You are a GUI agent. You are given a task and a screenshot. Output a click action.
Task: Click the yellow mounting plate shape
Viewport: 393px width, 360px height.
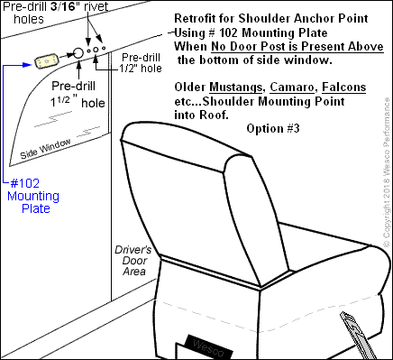point(46,61)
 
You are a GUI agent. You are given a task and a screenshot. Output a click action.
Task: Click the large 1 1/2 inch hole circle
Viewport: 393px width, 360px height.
point(78,53)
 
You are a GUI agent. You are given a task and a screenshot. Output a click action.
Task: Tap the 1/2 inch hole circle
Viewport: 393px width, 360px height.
point(96,50)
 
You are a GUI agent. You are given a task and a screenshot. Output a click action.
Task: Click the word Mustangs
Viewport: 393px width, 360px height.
point(235,88)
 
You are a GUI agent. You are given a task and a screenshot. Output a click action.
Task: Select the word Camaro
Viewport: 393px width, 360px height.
point(292,88)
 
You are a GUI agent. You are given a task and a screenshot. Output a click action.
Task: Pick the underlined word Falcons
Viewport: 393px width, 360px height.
point(343,88)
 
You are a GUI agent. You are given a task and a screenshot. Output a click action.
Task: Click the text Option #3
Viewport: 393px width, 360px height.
point(273,129)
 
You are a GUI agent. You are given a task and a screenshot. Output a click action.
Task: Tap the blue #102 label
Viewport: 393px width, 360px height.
point(25,183)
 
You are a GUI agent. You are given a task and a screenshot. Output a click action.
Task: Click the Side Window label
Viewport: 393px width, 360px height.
point(45,149)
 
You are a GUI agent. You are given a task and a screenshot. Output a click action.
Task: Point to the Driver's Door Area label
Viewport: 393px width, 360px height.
point(133,261)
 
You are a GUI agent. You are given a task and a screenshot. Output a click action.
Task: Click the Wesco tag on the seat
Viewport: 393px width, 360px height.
point(209,346)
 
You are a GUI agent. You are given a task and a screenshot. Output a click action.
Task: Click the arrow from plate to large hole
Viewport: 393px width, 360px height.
point(67,55)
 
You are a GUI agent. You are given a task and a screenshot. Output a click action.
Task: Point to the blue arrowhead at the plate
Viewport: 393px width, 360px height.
point(28,64)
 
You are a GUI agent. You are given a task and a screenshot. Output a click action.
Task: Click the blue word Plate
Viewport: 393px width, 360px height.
point(36,208)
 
